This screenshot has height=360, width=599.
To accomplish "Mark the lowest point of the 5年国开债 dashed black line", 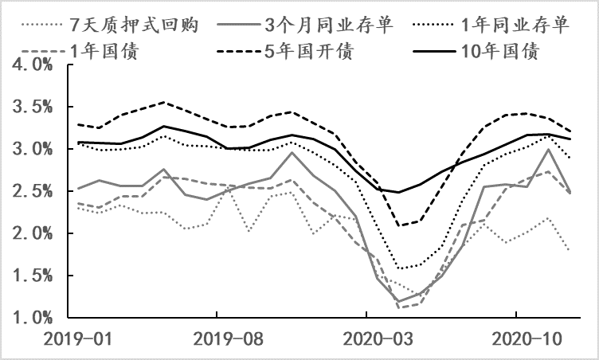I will (398, 225).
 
